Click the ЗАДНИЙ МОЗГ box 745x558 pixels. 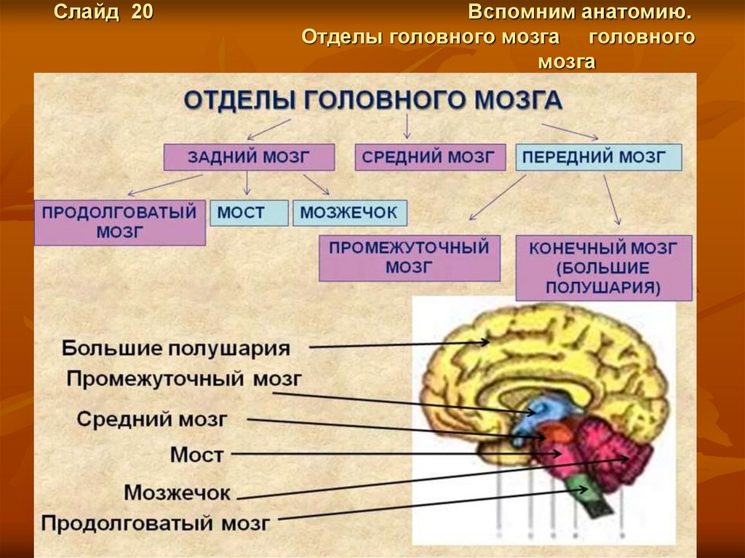click(x=249, y=157)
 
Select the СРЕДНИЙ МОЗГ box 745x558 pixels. click(x=431, y=157)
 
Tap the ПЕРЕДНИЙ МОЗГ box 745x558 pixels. click(x=598, y=157)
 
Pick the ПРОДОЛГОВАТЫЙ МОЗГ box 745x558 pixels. click(x=119, y=222)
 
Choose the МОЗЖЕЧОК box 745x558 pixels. click(x=349, y=213)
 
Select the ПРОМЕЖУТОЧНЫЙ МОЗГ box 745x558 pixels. click(x=410, y=258)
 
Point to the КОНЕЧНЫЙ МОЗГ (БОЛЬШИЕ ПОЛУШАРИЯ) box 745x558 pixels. click(x=603, y=267)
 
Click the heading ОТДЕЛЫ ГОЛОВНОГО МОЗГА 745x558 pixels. click(x=372, y=100)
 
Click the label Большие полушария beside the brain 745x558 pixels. click(x=176, y=347)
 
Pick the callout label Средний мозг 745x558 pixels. click(x=153, y=419)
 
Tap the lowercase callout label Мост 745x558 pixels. click(x=196, y=455)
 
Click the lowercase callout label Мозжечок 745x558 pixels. click(x=177, y=492)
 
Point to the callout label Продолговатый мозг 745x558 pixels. click(x=156, y=522)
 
